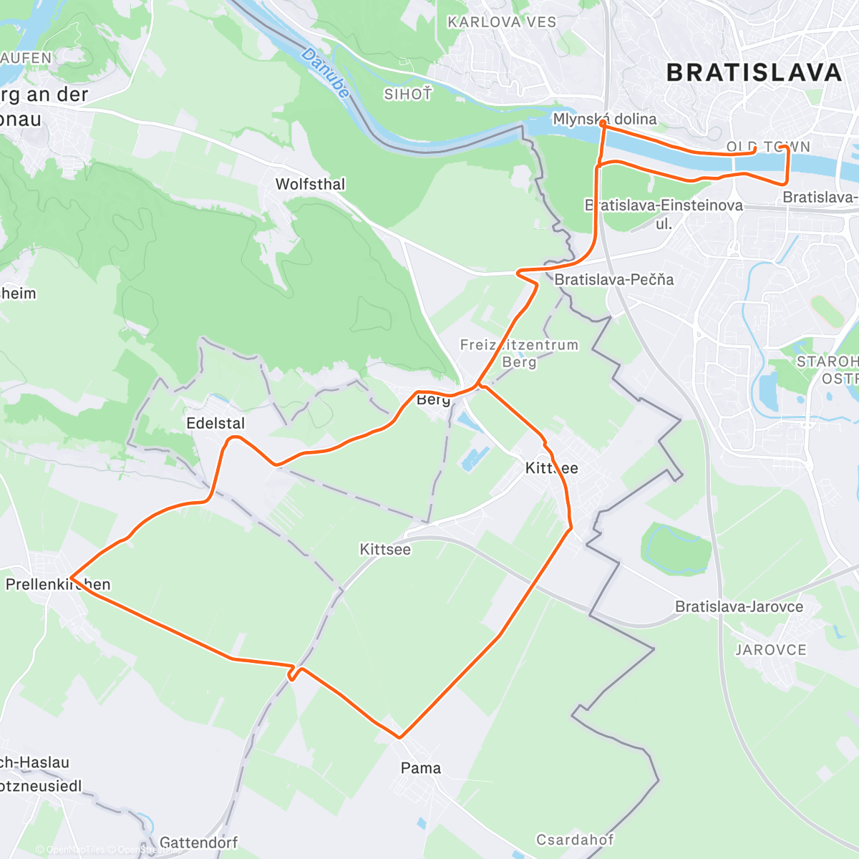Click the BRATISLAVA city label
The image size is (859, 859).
(754, 72)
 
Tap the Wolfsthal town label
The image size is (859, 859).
(310, 184)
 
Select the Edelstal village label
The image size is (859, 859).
(215, 423)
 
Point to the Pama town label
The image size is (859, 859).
(421, 768)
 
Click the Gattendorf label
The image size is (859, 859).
(198, 843)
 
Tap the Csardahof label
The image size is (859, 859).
(575, 839)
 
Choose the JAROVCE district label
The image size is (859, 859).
(771, 650)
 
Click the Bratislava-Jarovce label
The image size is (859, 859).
(739, 607)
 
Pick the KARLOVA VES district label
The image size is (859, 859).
(502, 22)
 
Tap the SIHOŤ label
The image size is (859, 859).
(408, 94)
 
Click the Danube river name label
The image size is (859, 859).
(326, 73)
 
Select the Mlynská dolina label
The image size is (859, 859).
(605, 119)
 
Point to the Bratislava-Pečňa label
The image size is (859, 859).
(614, 279)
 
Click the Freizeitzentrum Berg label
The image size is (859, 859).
(519, 353)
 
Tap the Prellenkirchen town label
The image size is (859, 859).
(58, 584)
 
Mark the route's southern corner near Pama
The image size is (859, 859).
(399, 737)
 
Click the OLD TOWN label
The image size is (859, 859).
(768, 147)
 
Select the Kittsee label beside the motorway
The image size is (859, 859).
(385, 549)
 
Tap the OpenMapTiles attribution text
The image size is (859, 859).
(74, 850)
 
